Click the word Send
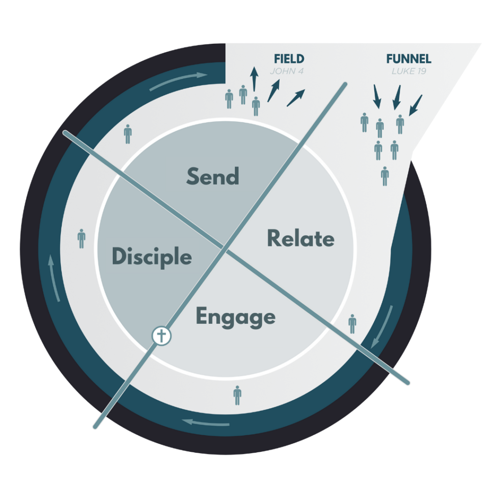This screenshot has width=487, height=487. coord(213,176)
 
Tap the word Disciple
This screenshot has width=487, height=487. coord(152,257)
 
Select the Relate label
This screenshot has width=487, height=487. coord(301,238)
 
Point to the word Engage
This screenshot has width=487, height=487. coord(236,317)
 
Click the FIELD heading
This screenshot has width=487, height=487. coord(289,59)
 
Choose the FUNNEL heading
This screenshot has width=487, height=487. coord(409,59)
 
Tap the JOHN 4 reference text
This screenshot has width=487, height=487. coord(287,72)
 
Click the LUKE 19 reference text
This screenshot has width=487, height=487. coord(409,72)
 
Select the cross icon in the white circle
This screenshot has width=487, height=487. coord(161,336)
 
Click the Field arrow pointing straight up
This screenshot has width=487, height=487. coord(254,78)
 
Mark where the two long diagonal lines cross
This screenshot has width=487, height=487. coord(224,248)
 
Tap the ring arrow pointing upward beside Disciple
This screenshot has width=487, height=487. coord(54,278)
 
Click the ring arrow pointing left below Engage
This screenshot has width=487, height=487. coord(206,421)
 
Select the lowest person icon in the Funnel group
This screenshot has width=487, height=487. coord(385,176)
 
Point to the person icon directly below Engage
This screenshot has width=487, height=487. coord(237,395)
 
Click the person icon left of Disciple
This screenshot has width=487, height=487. coord(81,238)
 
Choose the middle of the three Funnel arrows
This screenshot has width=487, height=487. coord(396,97)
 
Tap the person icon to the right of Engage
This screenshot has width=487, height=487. coord(352,324)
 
